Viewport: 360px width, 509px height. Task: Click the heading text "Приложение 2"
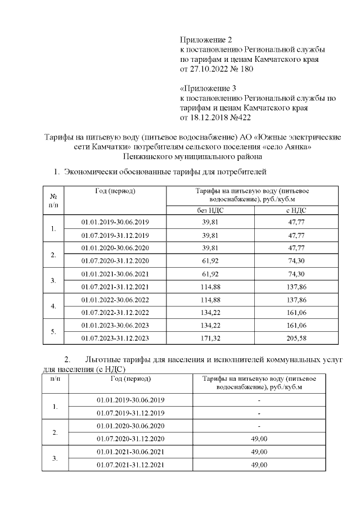(206, 39)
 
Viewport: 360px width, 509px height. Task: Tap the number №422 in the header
(240, 118)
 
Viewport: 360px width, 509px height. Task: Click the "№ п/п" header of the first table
(53, 199)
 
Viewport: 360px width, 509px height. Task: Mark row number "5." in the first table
(53, 331)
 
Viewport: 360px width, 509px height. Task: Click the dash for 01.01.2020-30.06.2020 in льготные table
(259, 426)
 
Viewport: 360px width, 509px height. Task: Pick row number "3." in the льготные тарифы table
(55, 458)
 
